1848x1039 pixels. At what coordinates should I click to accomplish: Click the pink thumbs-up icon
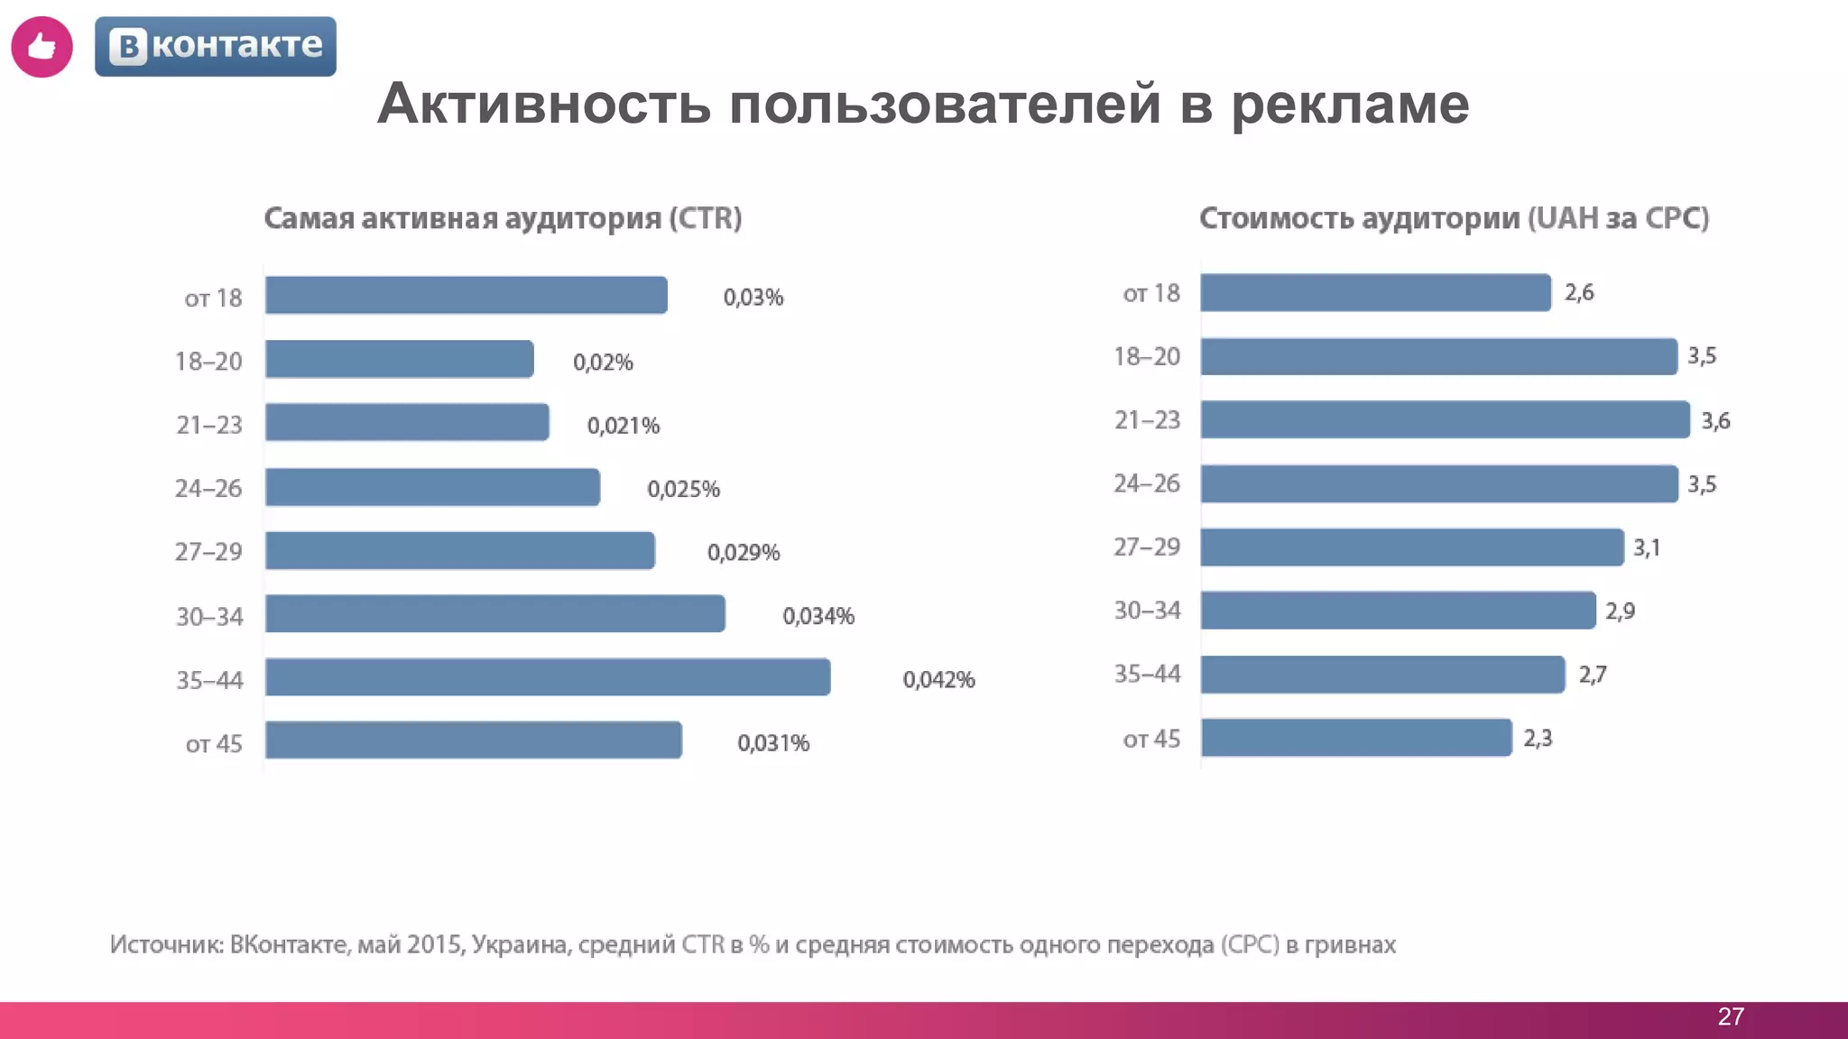point(42,47)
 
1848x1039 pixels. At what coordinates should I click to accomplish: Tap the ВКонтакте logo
point(216,46)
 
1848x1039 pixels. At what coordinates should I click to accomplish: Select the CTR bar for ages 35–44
point(548,677)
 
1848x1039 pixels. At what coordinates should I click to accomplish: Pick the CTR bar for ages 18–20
point(399,360)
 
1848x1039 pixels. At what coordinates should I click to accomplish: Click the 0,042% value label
point(938,679)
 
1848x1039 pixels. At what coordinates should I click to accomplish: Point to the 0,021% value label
point(623,425)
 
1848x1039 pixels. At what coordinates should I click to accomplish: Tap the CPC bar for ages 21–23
point(1445,420)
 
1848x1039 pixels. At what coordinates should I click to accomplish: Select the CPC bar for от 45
point(1355,738)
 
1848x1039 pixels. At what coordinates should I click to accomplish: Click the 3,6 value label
point(1715,420)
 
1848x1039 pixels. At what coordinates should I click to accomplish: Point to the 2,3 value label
point(1538,738)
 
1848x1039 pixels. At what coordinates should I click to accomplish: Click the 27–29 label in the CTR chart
point(208,551)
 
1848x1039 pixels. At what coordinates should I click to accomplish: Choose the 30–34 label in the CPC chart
point(1147,611)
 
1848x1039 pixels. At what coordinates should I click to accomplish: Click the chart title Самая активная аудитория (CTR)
point(503,218)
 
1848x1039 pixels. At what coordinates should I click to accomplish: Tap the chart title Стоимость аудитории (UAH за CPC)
point(1454,218)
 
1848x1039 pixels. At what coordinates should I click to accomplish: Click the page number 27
point(1730,1016)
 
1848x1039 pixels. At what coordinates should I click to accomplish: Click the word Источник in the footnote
point(166,944)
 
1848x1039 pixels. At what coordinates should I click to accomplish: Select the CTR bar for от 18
point(466,296)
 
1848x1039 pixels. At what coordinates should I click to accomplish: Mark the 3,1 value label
point(1646,547)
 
